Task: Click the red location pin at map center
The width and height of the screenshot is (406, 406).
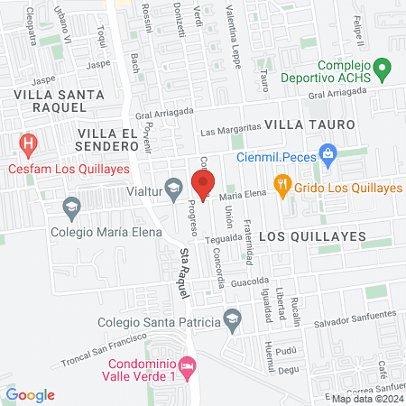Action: [203, 185]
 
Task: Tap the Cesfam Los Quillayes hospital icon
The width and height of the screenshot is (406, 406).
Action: [29, 143]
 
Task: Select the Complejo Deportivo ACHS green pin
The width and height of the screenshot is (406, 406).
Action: [382, 68]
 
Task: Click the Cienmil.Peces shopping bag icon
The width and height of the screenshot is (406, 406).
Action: [328, 156]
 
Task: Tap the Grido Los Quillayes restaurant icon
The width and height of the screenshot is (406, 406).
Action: [282, 188]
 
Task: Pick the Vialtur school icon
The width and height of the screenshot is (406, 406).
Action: [173, 189]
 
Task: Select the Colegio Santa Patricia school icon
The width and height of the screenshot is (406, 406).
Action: [233, 319]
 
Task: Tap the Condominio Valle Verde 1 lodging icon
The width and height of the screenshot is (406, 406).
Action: [187, 366]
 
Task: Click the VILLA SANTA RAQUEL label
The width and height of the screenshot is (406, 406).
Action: [49, 100]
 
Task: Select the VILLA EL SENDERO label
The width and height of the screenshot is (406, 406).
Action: [106, 140]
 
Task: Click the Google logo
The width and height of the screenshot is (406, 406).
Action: [30, 394]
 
